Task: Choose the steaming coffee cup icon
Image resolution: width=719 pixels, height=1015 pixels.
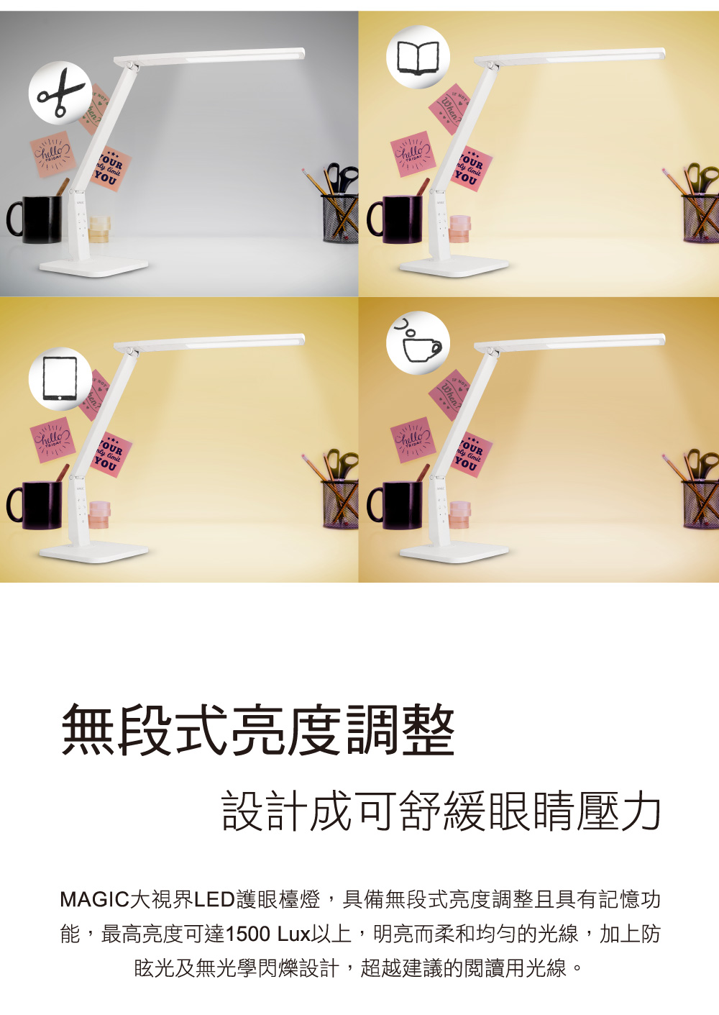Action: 418,344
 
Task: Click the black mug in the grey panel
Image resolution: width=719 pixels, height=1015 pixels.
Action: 36,219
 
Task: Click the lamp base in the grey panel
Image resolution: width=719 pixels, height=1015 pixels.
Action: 93,268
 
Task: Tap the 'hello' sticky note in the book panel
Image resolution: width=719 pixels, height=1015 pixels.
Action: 412,154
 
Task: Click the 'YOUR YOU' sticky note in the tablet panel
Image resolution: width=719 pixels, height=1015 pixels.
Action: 110,454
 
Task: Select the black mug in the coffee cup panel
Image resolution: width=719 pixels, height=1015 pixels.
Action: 395,505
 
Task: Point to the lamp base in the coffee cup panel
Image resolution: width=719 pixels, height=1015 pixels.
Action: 454,553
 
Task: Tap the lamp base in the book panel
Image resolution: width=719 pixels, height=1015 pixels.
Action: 454,268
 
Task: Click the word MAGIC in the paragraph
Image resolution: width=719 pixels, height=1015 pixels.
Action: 93,899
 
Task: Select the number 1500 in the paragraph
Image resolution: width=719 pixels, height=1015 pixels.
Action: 248,934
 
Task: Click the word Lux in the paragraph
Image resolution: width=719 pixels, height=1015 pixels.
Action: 293,934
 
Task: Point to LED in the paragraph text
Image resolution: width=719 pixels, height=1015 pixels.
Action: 214,899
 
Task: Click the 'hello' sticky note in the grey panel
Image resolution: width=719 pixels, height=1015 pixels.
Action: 52,154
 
